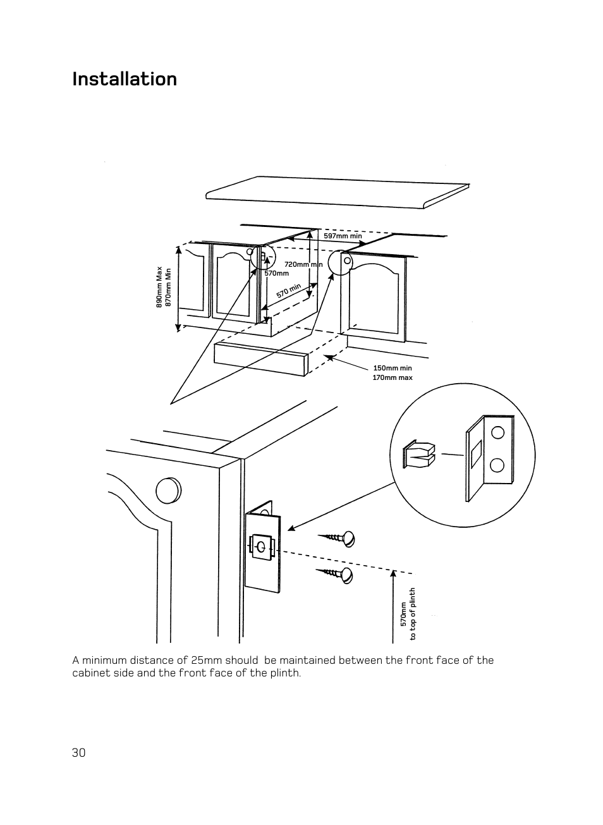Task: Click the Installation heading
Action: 125,79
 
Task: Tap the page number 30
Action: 79,752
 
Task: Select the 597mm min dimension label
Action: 343,236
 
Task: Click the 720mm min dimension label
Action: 303,264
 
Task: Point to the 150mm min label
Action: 392,368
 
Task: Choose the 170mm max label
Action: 392,377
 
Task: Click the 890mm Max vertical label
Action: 159,287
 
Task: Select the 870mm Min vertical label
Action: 168,288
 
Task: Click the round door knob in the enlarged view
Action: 167,491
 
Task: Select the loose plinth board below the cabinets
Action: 260,358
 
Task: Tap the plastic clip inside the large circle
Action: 418,454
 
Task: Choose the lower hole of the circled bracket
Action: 497,465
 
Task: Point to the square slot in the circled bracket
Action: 476,454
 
